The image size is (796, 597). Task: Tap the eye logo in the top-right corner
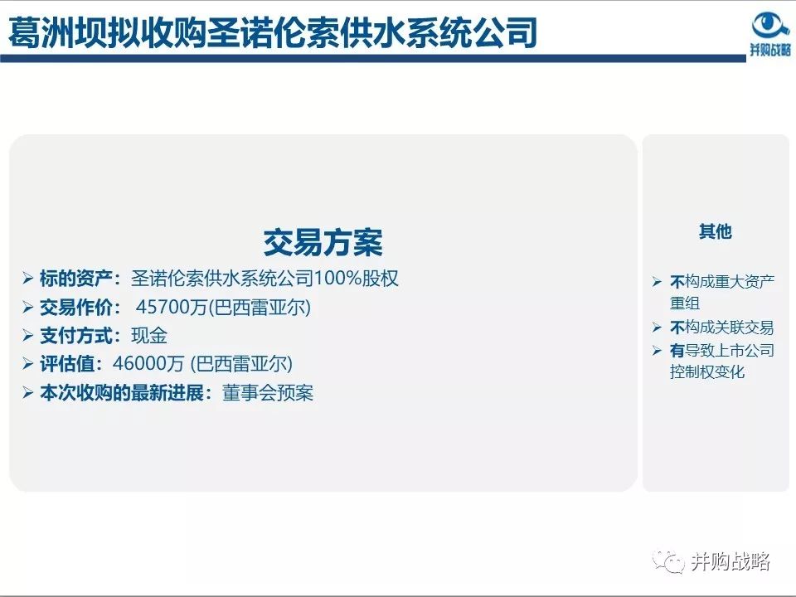770,25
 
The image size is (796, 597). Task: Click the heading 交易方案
323,243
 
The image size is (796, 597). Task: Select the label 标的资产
80,279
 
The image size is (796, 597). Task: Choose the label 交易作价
80,308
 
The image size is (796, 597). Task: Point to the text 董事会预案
268,393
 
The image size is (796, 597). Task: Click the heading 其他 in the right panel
715,232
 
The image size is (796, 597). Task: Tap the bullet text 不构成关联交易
721,328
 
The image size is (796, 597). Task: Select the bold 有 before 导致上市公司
677,351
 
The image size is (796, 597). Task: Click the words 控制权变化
707,372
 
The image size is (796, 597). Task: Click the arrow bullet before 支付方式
28,336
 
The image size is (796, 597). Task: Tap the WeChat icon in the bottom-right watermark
668,561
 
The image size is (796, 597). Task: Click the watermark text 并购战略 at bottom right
730,561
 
